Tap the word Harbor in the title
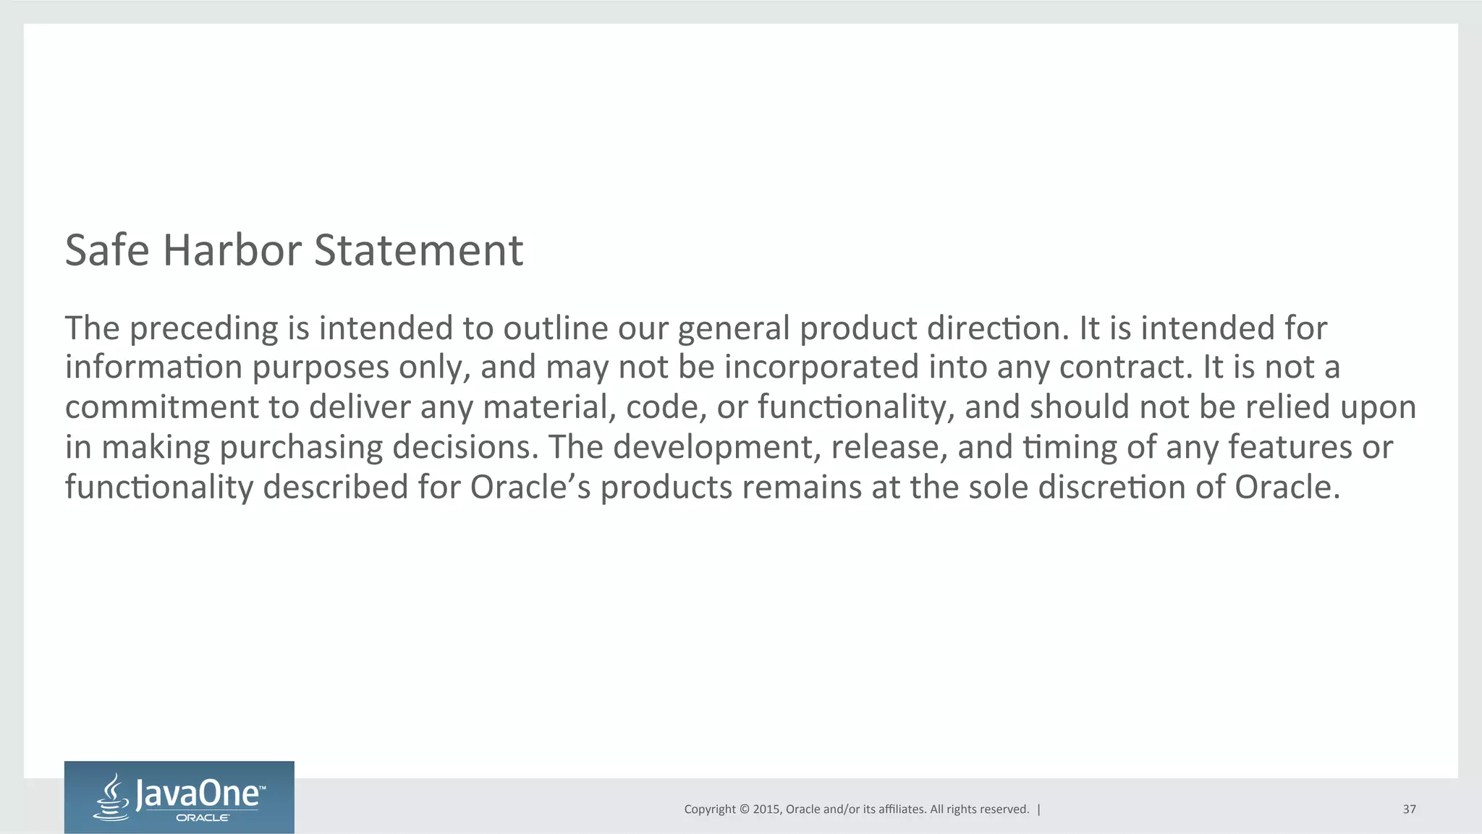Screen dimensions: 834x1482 tap(232, 250)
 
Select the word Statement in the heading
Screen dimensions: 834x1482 tap(418, 250)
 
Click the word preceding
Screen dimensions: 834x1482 tap(204, 329)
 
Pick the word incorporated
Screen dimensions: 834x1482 tap(821, 367)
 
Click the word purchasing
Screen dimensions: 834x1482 tap(301, 448)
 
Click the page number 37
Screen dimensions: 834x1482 tap(1409, 809)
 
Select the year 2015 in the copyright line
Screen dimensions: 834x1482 tap(766, 809)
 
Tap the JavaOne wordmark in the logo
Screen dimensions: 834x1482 tap(197, 794)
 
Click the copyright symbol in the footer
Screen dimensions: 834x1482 tap(743, 809)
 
